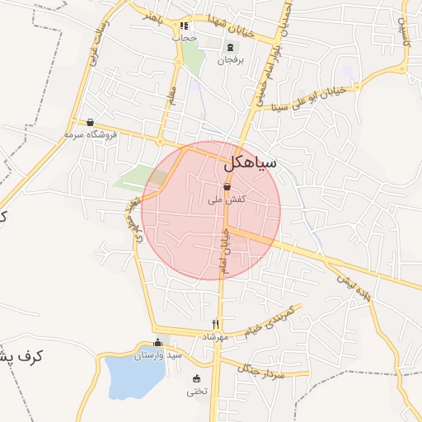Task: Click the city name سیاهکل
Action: click(250, 165)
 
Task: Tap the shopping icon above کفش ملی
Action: click(226, 189)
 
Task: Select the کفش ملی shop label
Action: click(226, 200)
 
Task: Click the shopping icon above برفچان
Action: click(229, 47)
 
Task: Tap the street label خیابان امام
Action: click(223, 252)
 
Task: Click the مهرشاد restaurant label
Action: click(214, 337)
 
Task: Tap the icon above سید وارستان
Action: click(158, 343)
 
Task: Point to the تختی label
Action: click(197, 391)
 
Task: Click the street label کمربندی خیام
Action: click(271, 323)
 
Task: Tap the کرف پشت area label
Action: click(21, 357)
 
